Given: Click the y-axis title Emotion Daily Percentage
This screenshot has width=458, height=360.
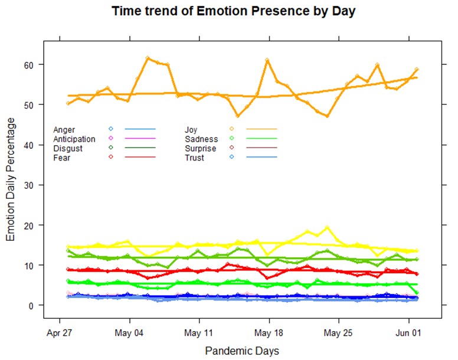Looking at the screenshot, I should [11, 179].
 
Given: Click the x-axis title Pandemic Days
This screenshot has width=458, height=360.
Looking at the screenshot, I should [242, 351].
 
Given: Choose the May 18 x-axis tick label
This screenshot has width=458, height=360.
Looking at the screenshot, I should [269, 332].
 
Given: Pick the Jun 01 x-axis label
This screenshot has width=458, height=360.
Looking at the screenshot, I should [408, 332].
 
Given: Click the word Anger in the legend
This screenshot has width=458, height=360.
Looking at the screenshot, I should [64, 129].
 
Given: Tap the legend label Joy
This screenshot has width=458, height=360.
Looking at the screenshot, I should [191, 129].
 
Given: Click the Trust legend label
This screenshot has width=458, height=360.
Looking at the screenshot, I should [194, 158].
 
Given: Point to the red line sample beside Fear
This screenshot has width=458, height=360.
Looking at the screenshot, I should [140, 158].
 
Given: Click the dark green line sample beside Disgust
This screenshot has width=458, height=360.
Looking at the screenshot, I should [140, 148].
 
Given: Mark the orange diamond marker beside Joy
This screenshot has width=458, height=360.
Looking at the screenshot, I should [232, 129].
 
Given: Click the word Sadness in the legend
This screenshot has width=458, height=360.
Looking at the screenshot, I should [201, 139].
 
